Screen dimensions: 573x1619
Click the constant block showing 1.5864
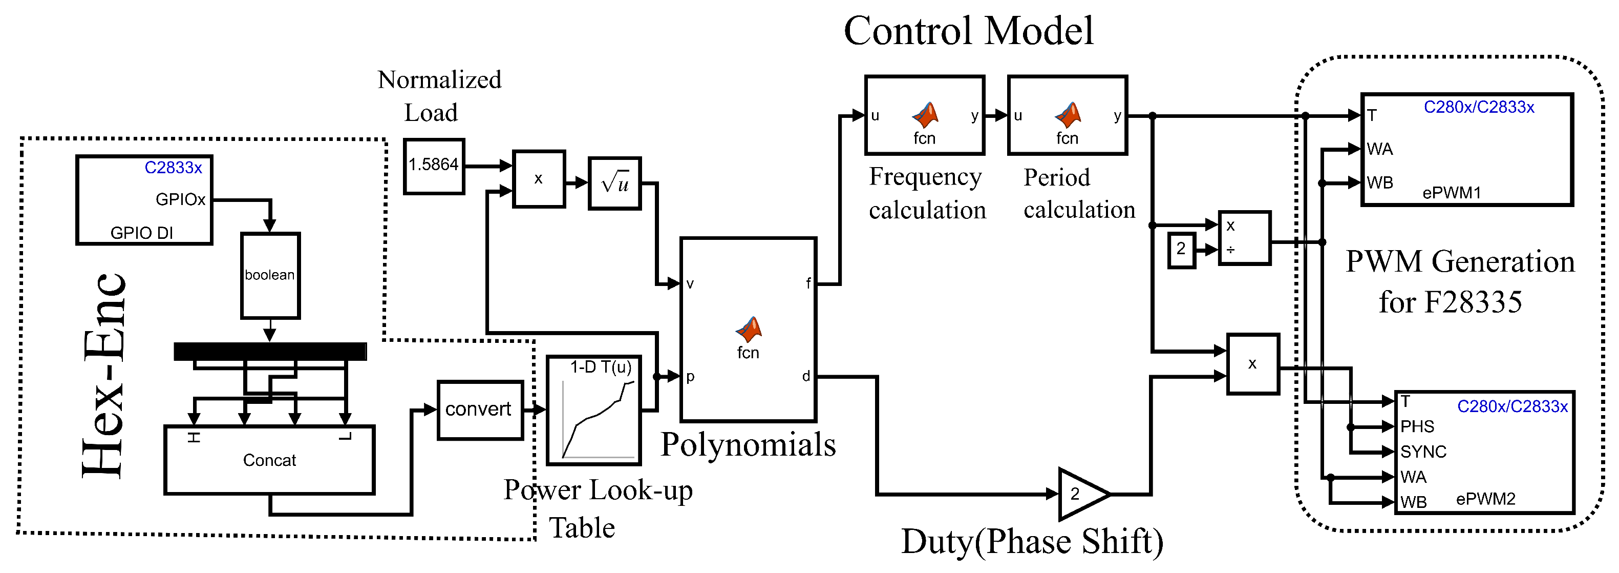tap(434, 166)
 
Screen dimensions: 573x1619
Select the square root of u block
tap(614, 183)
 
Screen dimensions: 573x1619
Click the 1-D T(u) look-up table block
tap(594, 410)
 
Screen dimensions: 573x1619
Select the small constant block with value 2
tap(1181, 249)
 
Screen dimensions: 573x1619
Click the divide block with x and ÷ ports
tap(1244, 238)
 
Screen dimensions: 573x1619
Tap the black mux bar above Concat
tap(270, 351)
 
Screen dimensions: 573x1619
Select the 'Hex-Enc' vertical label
tap(104, 376)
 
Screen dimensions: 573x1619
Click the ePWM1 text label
tap(1451, 193)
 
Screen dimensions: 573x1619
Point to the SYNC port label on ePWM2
tap(1423, 452)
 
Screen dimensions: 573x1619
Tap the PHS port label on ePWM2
tap(1417, 426)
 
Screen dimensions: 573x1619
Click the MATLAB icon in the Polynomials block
tap(748, 329)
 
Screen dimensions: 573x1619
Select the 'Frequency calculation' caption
tap(927, 193)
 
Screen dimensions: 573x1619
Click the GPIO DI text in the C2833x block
tap(141, 233)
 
